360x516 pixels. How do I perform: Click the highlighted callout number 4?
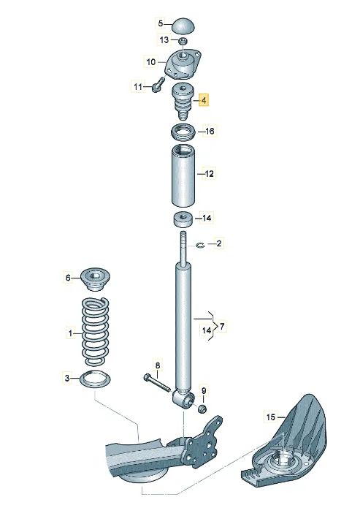tap(204, 99)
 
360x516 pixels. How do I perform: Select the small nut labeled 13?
tap(183, 41)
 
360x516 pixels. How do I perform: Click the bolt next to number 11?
tap(158, 85)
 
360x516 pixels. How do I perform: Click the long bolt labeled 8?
tap(157, 384)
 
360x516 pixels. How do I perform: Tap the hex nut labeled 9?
tap(203, 409)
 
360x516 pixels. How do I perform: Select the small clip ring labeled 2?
tap(201, 245)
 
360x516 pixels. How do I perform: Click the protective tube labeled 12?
tap(183, 176)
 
